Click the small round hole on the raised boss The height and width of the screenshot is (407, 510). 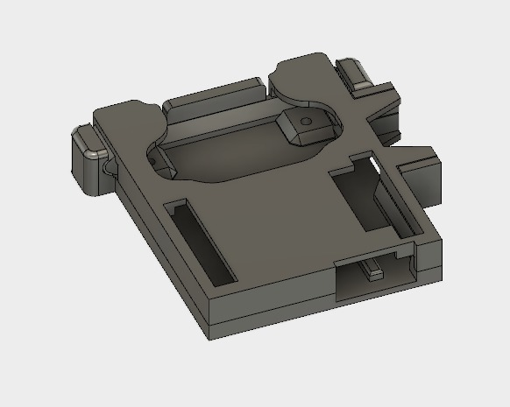[x=306, y=120]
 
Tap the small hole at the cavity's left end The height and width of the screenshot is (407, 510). [x=158, y=160]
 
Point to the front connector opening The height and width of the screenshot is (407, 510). [x=372, y=282]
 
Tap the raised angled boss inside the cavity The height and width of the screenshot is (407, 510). [x=302, y=127]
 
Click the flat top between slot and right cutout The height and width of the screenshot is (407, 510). [x=280, y=219]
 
